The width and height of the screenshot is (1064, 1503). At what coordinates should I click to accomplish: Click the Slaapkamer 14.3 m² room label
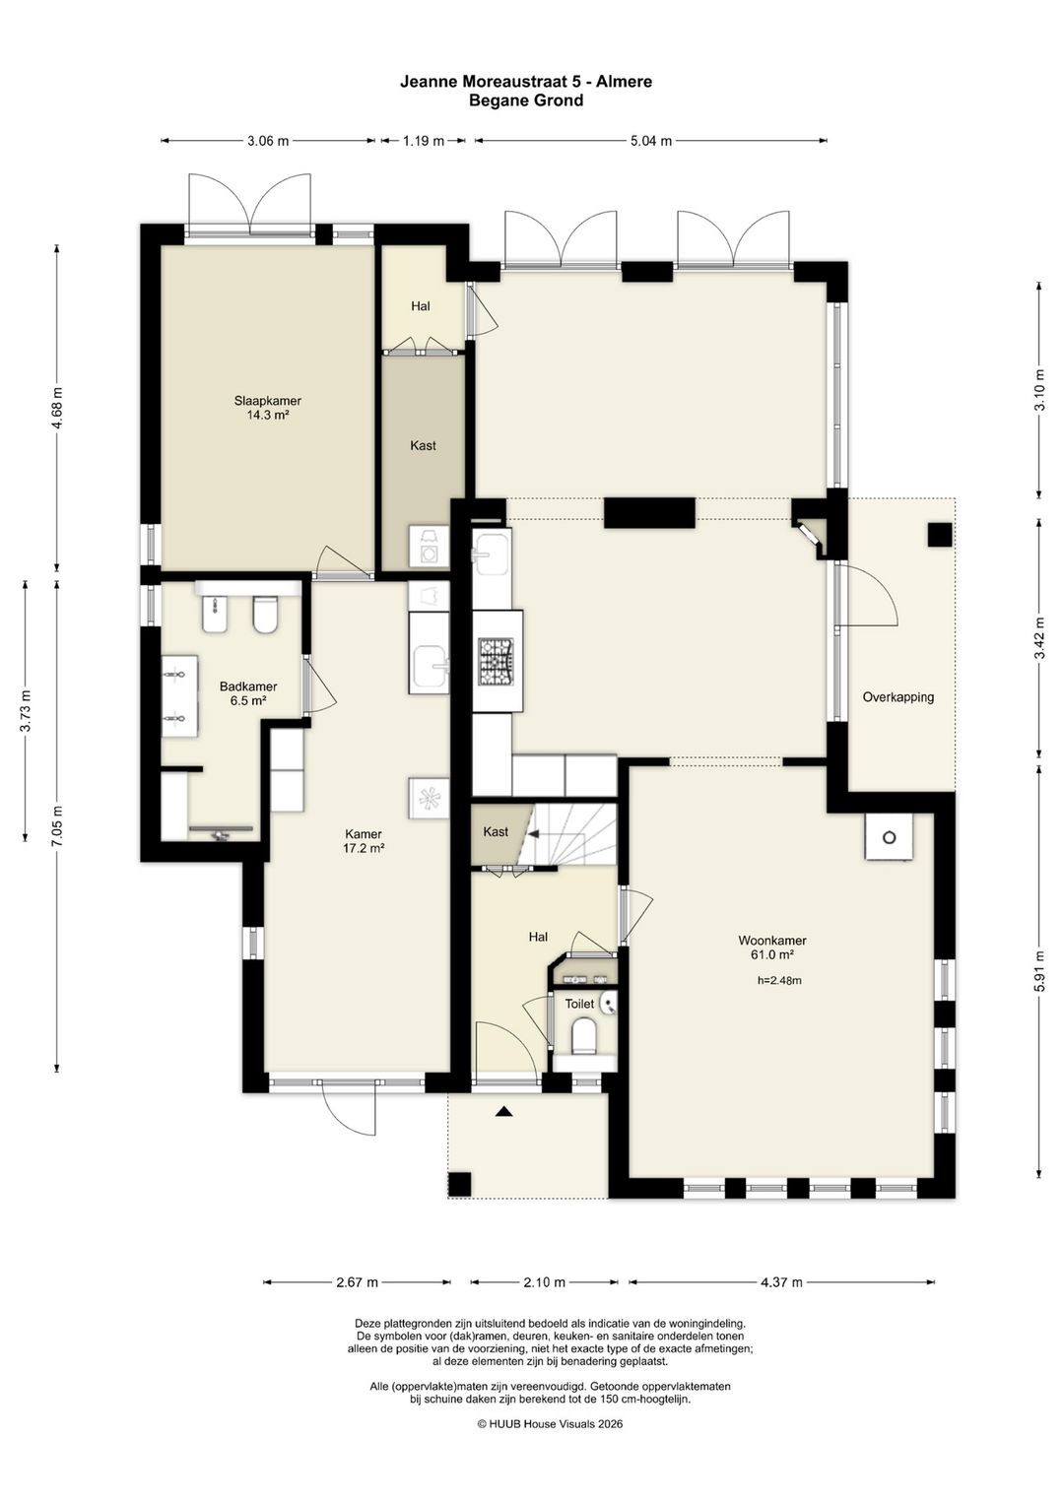(x=267, y=408)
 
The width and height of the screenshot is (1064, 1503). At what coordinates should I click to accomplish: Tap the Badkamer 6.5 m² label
(x=248, y=693)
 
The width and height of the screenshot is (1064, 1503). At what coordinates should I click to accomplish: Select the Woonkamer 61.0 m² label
(x=772, y=947)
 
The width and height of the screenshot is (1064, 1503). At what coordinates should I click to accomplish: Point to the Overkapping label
(x=898, y=697)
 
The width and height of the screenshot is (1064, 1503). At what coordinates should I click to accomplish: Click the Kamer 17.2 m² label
(x=364, y=841)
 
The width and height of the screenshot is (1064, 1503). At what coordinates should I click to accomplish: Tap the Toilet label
(x=579, y=1004)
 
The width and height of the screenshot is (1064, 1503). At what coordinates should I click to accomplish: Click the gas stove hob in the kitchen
(x=497, y=662)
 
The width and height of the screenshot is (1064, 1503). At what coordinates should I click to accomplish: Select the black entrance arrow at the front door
(x=504, y=1112)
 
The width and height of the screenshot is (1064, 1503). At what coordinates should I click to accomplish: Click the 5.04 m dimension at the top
(x=650, y=141)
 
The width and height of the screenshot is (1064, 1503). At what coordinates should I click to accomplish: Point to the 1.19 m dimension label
(x=423, y=141)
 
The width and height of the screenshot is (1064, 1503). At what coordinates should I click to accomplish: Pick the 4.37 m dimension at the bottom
(x=781, y=1282)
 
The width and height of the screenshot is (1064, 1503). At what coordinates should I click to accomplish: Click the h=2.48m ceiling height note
(x=779, y=980)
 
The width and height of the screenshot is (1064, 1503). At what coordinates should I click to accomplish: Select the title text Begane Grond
(x=526, y=101)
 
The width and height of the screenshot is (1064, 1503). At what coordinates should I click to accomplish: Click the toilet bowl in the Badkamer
(x=265, y=615)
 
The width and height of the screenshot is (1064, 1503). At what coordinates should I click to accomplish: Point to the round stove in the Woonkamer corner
(x=890, y=837)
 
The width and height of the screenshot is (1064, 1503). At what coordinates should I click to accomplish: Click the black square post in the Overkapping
(x=940, y=535)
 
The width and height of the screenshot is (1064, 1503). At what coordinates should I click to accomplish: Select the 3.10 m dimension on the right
(x=1040, y=390)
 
